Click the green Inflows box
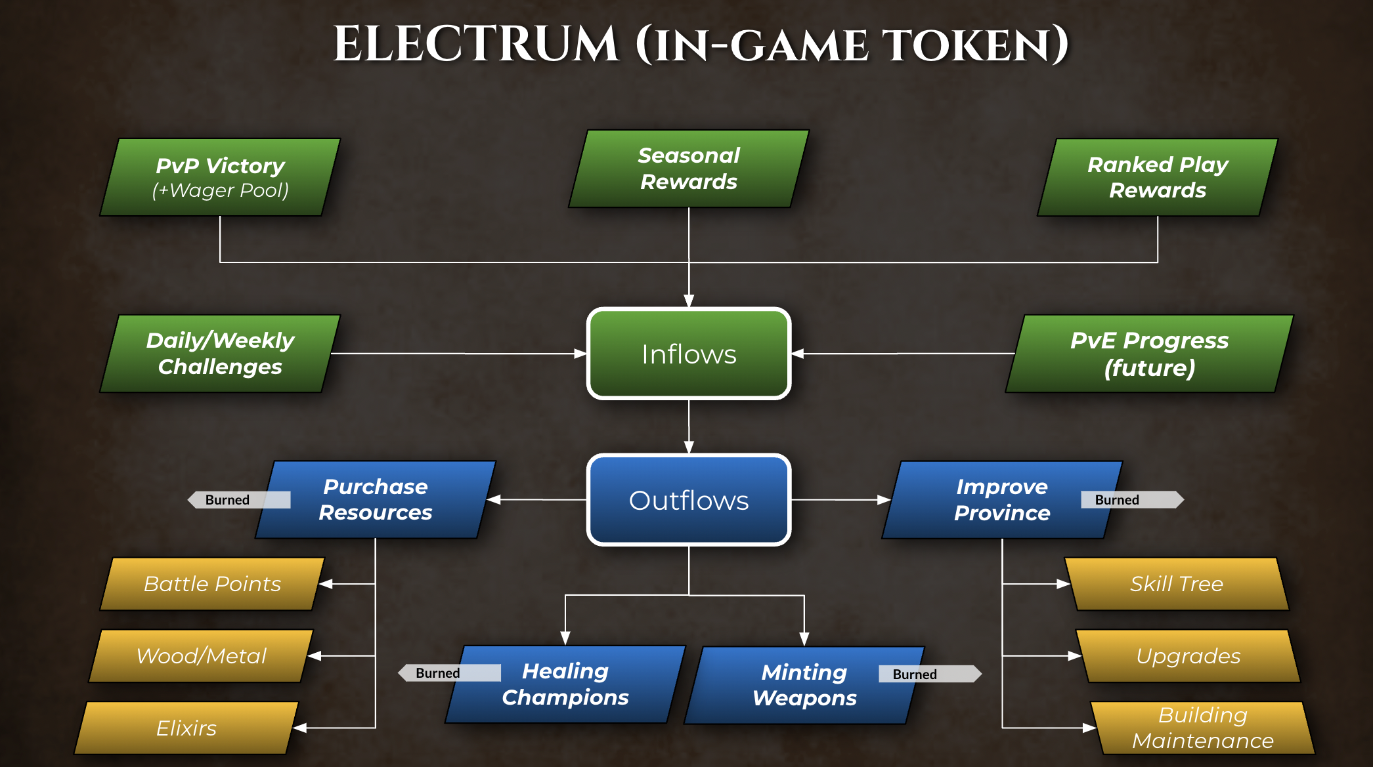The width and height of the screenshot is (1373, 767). [x=689, y=354]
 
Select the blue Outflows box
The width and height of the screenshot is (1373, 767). [x=689, y=500]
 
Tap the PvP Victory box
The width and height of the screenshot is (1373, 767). [x=220, y=177]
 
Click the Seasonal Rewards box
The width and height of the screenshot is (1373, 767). [x=689, y=169]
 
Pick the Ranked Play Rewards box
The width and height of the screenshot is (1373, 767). [x=1157, y=177]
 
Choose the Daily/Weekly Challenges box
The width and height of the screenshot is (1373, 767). [x=220, y=354]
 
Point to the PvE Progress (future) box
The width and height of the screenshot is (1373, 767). [x=1149, y=354]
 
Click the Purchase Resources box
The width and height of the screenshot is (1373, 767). [x=376, y=500]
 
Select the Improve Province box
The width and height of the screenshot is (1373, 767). [x=1002, y=500]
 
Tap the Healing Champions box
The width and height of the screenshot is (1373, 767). [x=565, y=684]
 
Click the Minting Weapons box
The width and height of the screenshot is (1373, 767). [x=804, y=685]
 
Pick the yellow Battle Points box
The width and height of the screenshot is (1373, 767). [x=212, y=584]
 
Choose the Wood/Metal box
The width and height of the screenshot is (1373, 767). [x=201, y=656]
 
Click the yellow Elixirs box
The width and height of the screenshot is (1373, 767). [x=186, y=728]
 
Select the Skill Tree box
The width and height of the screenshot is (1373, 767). [x=1177, y=584]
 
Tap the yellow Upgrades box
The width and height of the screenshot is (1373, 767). [x=1188, y=656]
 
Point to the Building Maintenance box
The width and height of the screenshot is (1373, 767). [x=1203, y=728]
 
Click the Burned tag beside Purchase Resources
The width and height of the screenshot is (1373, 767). [x=227, y=500]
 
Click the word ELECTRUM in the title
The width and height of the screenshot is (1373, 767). [x=476, y=45]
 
